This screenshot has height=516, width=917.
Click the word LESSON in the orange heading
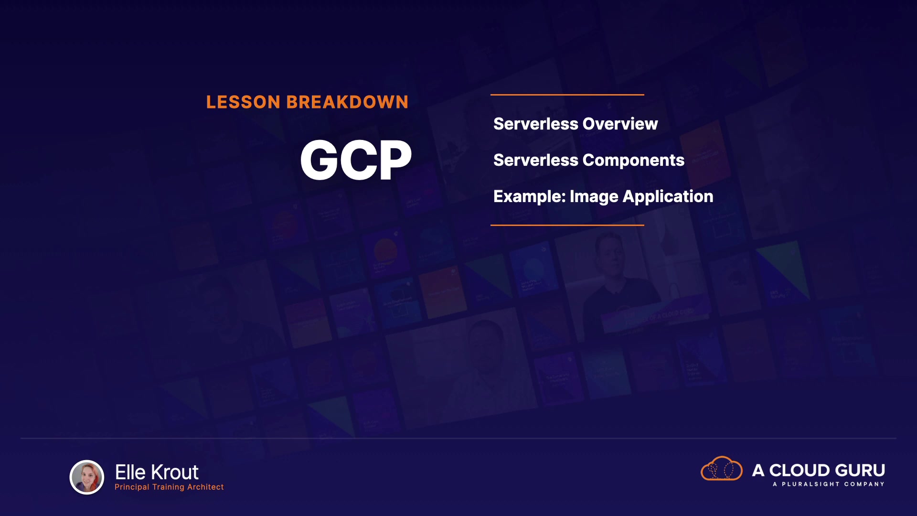(243, 102)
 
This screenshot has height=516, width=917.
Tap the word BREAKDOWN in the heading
(347, 102)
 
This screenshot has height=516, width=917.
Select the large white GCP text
(356, 160)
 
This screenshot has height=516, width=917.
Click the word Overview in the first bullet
(620, 124)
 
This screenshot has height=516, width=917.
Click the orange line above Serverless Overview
(567, 95)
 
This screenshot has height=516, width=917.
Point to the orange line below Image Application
(567, 225)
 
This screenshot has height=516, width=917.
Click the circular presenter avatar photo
(87, 477)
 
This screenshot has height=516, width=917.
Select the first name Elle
(130, 473)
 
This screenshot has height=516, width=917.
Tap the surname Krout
(174, 473)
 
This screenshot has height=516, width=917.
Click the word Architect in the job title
(205, 487)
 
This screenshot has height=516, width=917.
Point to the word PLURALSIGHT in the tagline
(810, 484)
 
